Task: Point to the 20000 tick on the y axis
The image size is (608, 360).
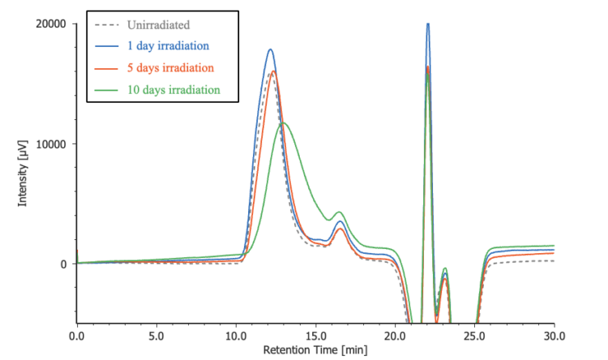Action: point(49,24)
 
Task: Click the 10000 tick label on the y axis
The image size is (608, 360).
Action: point(49,144)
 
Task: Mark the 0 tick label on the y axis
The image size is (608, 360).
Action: point(62,264)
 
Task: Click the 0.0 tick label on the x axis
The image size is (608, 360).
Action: point(77,335)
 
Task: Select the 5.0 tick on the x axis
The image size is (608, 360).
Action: point(156,335)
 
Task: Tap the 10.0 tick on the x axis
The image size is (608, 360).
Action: point(236,335)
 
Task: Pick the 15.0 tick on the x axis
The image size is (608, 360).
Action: point(315,335)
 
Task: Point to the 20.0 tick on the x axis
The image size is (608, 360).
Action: point(395,335)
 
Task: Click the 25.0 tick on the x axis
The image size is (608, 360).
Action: point(474,335)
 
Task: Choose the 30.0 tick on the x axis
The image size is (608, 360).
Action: point(554,335)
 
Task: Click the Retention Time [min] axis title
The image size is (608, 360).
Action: point(315,351)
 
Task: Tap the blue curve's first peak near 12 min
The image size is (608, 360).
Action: point(270,50)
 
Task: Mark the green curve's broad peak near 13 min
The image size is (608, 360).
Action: point(282,122)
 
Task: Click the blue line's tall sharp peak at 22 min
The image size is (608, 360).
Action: point(427,24)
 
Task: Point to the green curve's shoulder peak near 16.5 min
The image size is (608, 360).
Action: point(340,212)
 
